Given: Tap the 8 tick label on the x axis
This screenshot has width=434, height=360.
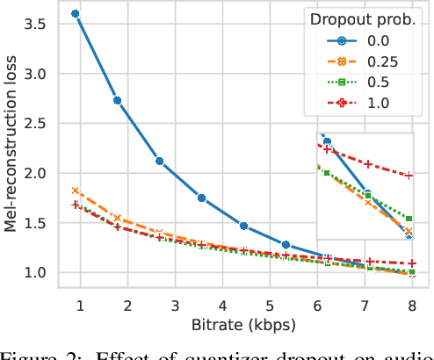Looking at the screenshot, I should [412, 305].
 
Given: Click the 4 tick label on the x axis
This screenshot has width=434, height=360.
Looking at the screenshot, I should [222, 305].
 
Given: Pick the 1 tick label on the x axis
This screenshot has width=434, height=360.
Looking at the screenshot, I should [80, 305].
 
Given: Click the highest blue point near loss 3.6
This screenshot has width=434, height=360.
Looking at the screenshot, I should [76, 14].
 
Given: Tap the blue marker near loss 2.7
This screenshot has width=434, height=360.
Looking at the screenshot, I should [118, 100].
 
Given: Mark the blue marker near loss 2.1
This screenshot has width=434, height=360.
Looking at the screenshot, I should [159, 161].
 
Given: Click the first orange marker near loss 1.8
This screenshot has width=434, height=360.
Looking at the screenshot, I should [76, 191].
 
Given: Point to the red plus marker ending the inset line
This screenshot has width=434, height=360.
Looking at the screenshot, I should [409, 176].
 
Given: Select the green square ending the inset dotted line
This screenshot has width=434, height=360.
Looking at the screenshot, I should [409, 218].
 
